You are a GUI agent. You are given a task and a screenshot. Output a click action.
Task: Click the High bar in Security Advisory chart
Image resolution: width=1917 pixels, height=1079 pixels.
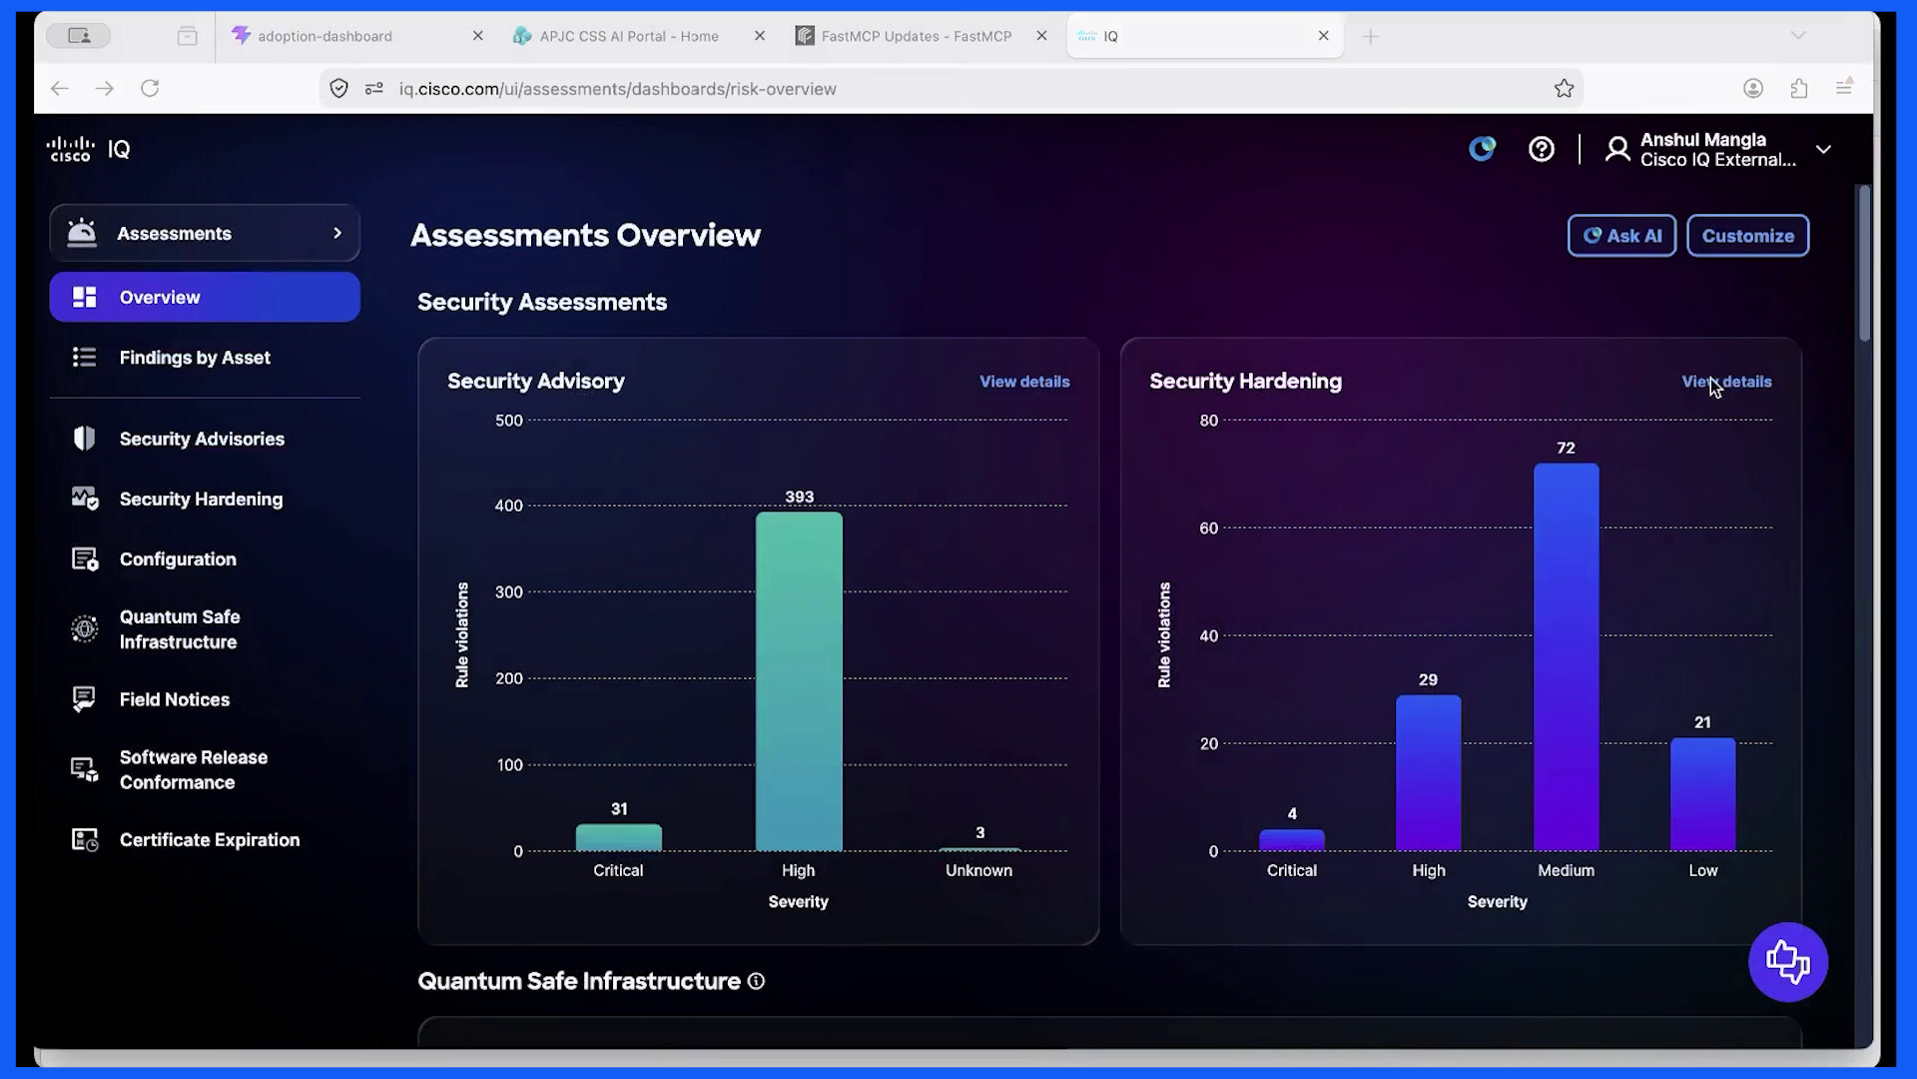click(799, 681)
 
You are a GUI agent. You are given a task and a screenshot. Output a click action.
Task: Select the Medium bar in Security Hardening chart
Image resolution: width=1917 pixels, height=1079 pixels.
click(1566, 657)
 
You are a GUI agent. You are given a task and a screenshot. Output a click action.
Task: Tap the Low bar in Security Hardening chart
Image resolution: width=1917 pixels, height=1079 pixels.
click(1702, 794)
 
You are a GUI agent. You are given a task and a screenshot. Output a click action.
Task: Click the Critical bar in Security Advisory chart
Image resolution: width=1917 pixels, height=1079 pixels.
click(619, 837)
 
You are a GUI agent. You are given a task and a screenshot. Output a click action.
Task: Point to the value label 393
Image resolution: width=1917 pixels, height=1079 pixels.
click(800, 497)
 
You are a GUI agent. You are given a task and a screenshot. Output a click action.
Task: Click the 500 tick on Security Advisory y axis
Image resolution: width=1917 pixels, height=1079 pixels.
click(509, 421)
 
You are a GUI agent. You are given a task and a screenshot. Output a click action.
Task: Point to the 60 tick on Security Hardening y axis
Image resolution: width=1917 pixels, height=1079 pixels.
click(1209, 529)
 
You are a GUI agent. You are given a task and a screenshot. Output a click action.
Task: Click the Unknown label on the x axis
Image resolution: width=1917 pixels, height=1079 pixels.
click(978, 870)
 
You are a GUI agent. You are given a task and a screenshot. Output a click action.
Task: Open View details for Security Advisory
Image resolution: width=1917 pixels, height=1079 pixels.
click(1024, 382)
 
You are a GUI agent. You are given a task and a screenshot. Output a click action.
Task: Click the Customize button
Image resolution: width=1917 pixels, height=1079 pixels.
click(1747, 236)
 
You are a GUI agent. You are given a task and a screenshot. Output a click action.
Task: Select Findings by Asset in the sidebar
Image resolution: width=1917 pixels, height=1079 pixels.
click(195, 358)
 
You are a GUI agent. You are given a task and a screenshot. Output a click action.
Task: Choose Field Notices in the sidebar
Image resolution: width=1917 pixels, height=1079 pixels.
click(175, 699)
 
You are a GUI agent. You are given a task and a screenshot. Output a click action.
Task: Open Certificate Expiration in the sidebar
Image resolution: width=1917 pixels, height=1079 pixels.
click(210, 840)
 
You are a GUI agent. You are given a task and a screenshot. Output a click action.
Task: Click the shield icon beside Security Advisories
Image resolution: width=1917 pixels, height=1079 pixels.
click(84, 439)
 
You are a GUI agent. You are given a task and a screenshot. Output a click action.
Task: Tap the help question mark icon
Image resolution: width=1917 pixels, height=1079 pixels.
click(1542, 150)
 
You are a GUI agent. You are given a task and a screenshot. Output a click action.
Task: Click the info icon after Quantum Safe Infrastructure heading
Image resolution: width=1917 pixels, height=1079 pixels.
click(757, 981)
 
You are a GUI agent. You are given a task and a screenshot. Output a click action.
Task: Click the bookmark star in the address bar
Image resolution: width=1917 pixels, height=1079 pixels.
click(1564, 89)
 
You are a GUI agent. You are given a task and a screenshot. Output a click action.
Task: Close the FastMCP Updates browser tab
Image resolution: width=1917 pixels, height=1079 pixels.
click(1041, 36)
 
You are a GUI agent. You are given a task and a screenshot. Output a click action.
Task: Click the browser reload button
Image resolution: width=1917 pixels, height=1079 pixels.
click(150, 89)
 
